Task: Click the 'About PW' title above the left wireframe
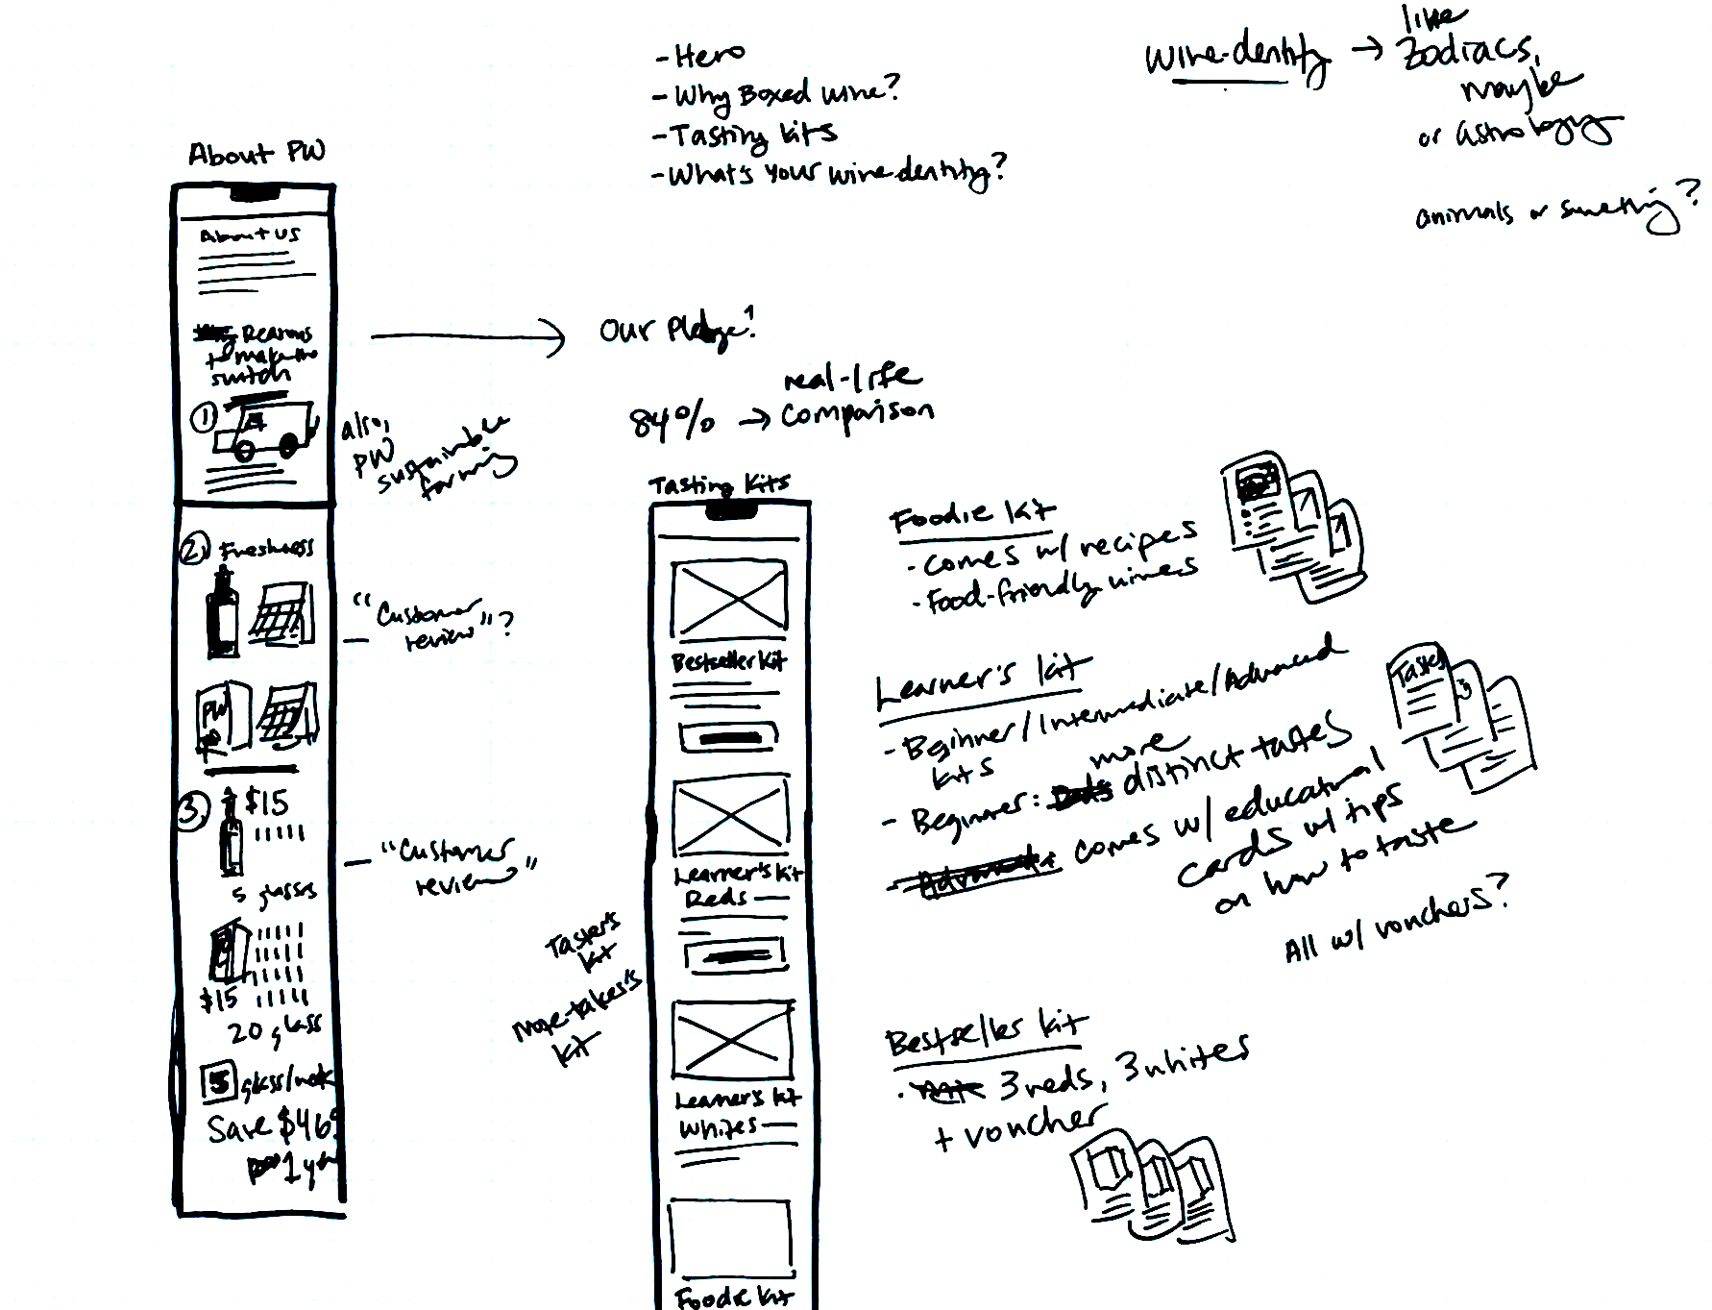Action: coord(257,153)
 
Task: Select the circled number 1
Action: coord(204,418)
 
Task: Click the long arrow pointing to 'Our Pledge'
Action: coord(468,336)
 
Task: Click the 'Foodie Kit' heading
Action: coord(971,515)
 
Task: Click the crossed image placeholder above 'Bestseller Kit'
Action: coord(730,599)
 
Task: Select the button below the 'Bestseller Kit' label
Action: coord(729,737)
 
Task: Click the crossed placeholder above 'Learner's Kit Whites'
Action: coord(732,1040)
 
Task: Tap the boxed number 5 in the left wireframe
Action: coord(218,1082)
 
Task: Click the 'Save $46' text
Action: coord(273,1125)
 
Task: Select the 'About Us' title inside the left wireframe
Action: coord(250,235)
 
